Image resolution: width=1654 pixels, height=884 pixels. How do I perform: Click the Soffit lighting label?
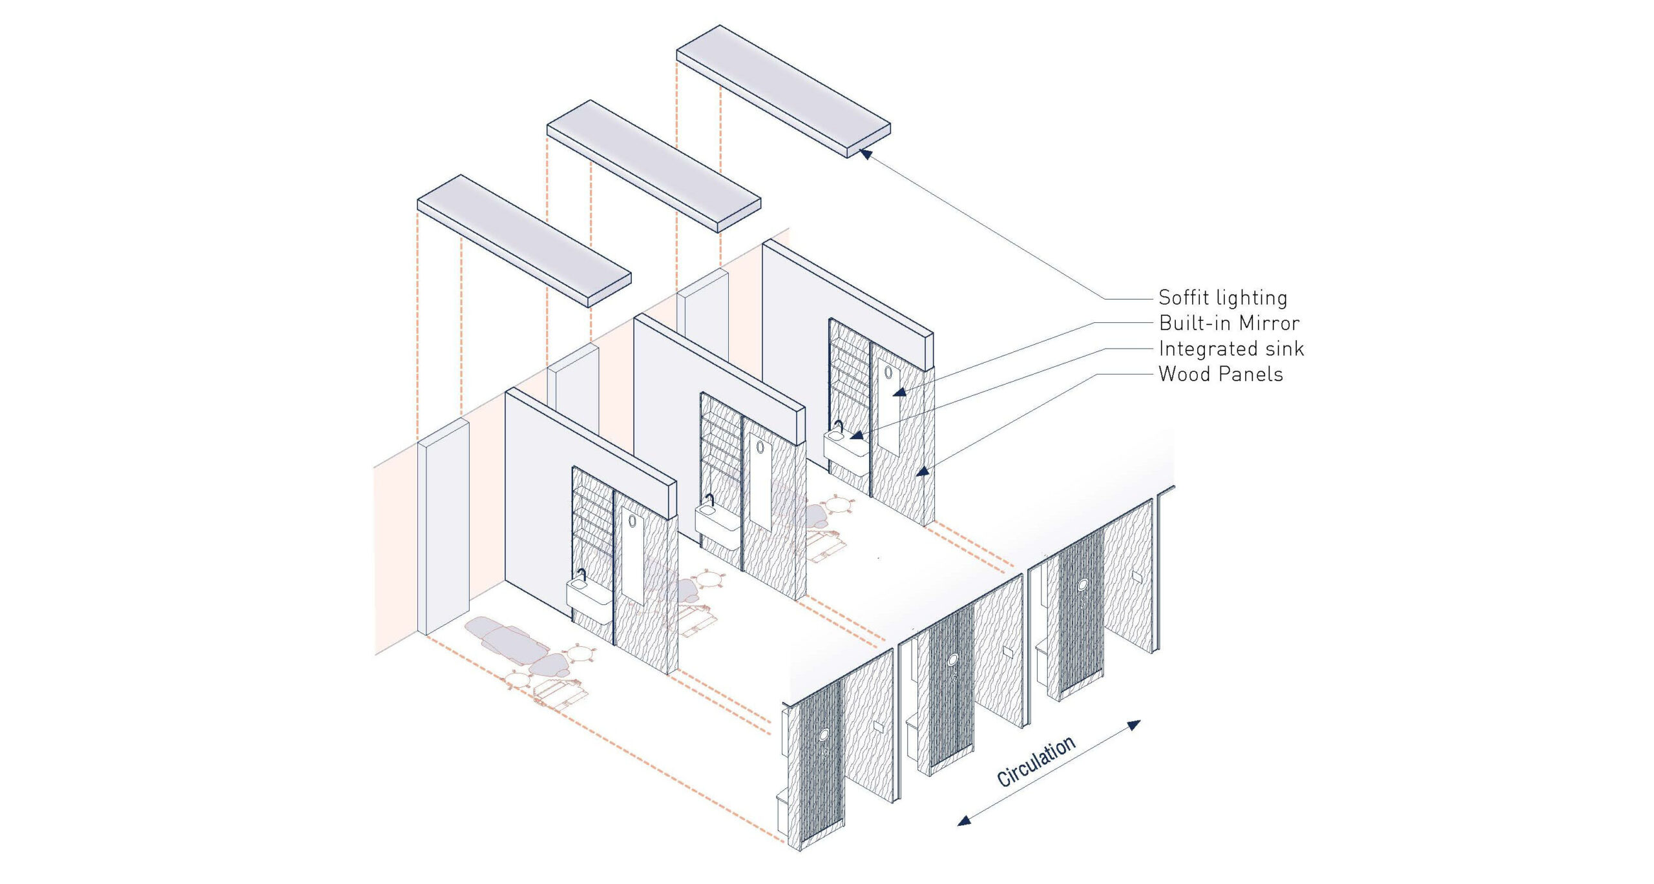(x=1222, y=298)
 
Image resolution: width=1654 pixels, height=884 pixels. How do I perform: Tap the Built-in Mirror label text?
(x=1229, y=323)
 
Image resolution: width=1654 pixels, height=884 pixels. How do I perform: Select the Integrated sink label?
(x=1231, y=349)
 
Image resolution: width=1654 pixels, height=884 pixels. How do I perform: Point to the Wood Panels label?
(x=1220, y=374)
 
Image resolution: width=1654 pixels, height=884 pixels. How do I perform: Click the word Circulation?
(x=1036, y=762)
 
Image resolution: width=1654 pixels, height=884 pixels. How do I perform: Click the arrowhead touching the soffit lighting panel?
(x=866, y=154)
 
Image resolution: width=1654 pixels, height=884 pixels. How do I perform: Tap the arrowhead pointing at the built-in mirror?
(x=899, y=392)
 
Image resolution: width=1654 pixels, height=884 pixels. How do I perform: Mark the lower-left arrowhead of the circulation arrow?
(x=964, y=821)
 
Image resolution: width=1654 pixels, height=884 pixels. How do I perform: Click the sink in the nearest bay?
(x=589, y=591)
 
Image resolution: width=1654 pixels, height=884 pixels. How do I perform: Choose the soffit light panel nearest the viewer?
(x=524, y=240)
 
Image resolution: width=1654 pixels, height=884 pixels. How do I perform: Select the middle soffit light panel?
(x=653, y=166)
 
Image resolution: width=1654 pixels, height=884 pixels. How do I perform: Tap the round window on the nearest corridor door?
(x=824, y=735)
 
